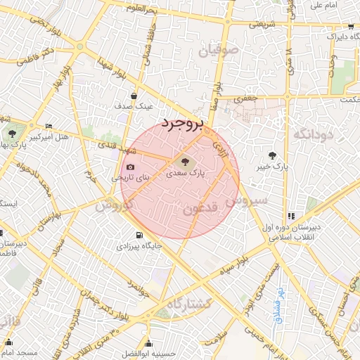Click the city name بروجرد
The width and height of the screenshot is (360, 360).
tap(181, 124)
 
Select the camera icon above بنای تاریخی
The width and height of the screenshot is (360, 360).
tap(130, 167)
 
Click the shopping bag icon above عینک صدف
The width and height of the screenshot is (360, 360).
tap(134, 96)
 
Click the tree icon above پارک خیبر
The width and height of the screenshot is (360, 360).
tap(272, 155)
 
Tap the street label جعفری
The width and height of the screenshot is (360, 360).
tap(245, 99)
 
